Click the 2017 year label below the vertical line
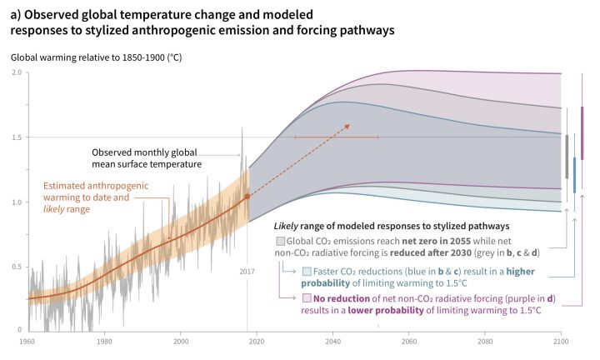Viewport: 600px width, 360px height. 247,272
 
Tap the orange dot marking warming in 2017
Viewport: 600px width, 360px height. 247,197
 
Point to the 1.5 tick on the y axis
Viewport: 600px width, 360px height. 16,137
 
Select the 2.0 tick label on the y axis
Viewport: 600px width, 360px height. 16,72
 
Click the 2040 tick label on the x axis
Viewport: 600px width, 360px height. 332,342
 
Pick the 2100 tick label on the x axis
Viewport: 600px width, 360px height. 561,342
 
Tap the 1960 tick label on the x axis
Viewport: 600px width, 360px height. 27,342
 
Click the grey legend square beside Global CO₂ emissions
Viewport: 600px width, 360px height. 281,242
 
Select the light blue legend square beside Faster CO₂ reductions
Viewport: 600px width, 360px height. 307,272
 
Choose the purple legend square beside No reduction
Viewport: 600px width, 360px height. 307,298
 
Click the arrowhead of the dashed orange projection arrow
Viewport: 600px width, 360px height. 347,127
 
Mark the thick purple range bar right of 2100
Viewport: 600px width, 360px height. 582,133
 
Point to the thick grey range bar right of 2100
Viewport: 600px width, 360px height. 567,157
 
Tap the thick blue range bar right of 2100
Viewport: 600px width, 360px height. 574,175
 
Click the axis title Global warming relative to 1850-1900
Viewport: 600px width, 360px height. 96,57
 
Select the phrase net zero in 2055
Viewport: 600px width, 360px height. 436,242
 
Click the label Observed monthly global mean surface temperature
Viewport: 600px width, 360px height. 147,158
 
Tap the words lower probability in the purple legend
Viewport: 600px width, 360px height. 386,310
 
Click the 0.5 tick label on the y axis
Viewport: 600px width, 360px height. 16,267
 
